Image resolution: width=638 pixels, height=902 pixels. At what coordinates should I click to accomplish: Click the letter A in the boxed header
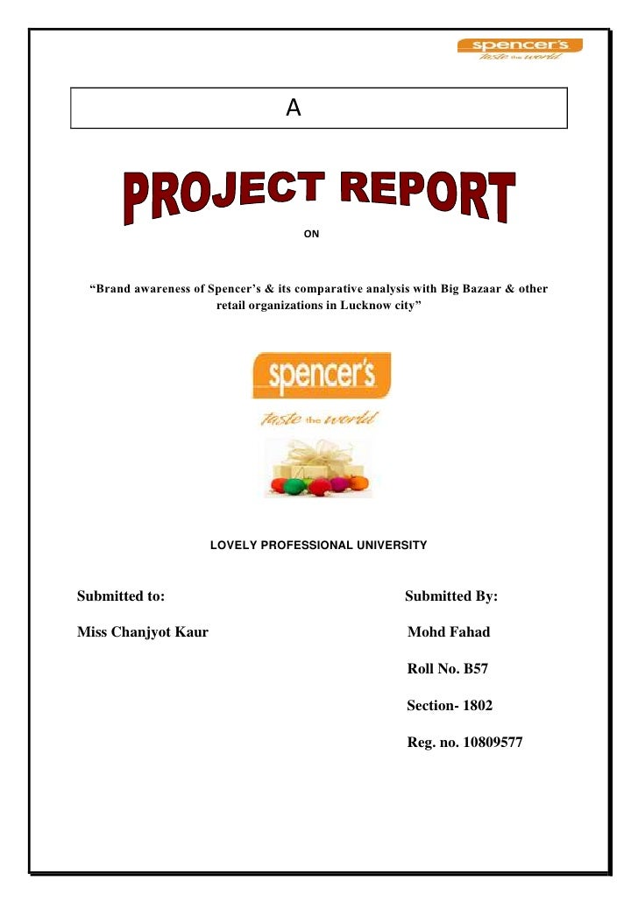294,109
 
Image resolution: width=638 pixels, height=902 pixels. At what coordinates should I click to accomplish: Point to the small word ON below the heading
310,235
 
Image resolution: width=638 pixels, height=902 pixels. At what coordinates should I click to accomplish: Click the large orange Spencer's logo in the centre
322,375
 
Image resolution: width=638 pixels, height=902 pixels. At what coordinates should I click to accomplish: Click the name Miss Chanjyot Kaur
143,632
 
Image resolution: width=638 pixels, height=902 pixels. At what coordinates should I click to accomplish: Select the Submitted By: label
451,596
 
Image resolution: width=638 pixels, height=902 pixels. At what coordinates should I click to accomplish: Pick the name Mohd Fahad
449,632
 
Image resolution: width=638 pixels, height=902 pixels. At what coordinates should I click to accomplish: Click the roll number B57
476,669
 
